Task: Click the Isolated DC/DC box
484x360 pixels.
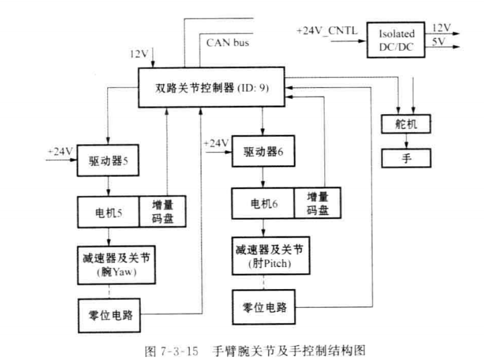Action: pos(396,39)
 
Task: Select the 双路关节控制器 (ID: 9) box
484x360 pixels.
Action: pos(211,87)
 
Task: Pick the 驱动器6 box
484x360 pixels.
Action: pos(263,152)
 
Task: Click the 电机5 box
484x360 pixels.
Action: pos(108,212)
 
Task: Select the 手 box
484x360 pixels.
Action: pos(406,158)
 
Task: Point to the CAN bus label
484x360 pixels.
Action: pos(228,43)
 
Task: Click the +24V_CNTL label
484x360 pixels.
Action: pos(327,30)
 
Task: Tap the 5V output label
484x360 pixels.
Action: pos(438,42)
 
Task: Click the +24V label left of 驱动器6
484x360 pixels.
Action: pos(215,144)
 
